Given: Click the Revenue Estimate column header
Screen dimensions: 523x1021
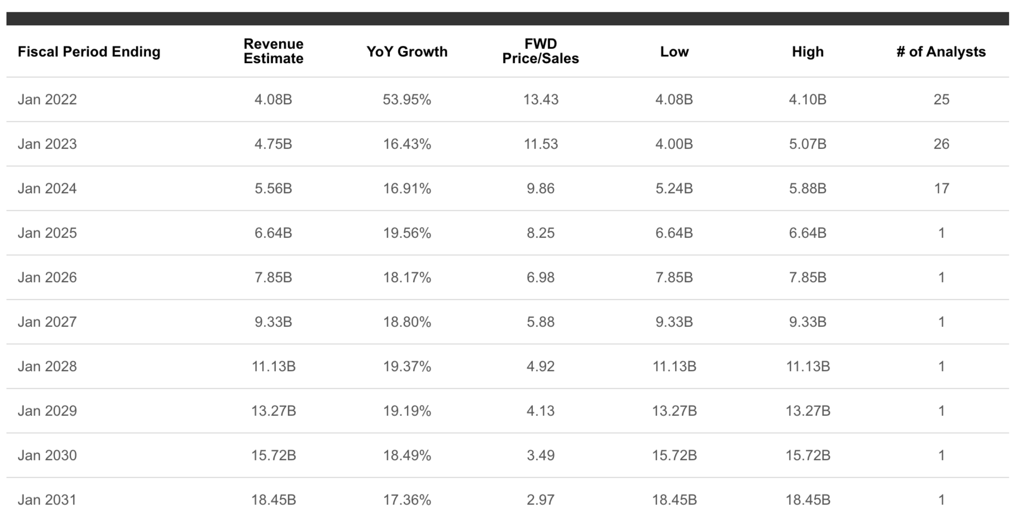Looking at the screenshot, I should click(273, 51).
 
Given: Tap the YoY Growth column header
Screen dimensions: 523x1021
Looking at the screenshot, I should click(407, 52).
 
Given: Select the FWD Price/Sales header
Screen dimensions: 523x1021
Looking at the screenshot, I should click(540, 51).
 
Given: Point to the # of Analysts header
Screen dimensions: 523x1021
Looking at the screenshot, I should click(941, 52).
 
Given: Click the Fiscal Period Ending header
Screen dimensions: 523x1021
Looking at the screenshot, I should click(89, 52).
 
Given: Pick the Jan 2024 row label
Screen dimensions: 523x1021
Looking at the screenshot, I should click(47, 188).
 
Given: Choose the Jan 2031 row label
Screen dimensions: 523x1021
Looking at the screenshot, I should click(47, 500).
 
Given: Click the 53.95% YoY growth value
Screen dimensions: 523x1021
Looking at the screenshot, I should click(407, 99).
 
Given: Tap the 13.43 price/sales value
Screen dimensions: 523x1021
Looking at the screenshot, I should click(540, 99).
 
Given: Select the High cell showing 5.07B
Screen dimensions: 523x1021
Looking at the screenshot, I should click(808, 144).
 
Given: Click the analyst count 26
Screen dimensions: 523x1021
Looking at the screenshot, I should click(941, 144).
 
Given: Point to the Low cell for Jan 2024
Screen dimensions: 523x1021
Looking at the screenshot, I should click(674, 188).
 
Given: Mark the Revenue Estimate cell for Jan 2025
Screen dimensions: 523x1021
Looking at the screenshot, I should click(273, 233).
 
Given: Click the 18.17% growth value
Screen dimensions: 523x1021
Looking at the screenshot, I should click(407, 277).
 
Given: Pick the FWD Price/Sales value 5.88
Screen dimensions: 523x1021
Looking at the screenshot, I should click(540, 322).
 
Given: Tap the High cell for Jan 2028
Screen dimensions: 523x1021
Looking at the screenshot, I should click(808, 366).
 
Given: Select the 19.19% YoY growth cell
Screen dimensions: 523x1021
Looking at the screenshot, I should click(407, 411).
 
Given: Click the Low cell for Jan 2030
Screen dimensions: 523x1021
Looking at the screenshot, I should click(674, 455).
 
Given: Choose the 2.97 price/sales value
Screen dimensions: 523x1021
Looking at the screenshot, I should click(540, 500).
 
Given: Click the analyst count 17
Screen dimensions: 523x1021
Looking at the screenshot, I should click(941, 188).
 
